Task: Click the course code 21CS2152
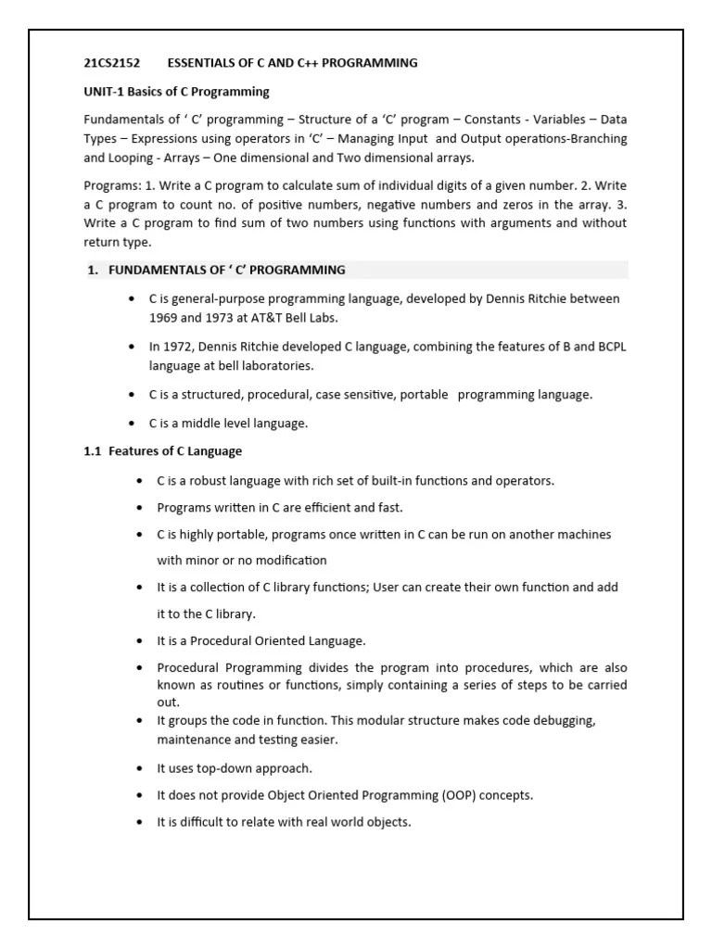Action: tap(112, 63)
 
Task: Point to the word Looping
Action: tap(133, 157)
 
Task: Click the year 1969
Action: tap(165, 317)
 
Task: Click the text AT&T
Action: tap(281, 317)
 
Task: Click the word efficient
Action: tap(322, 507)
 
